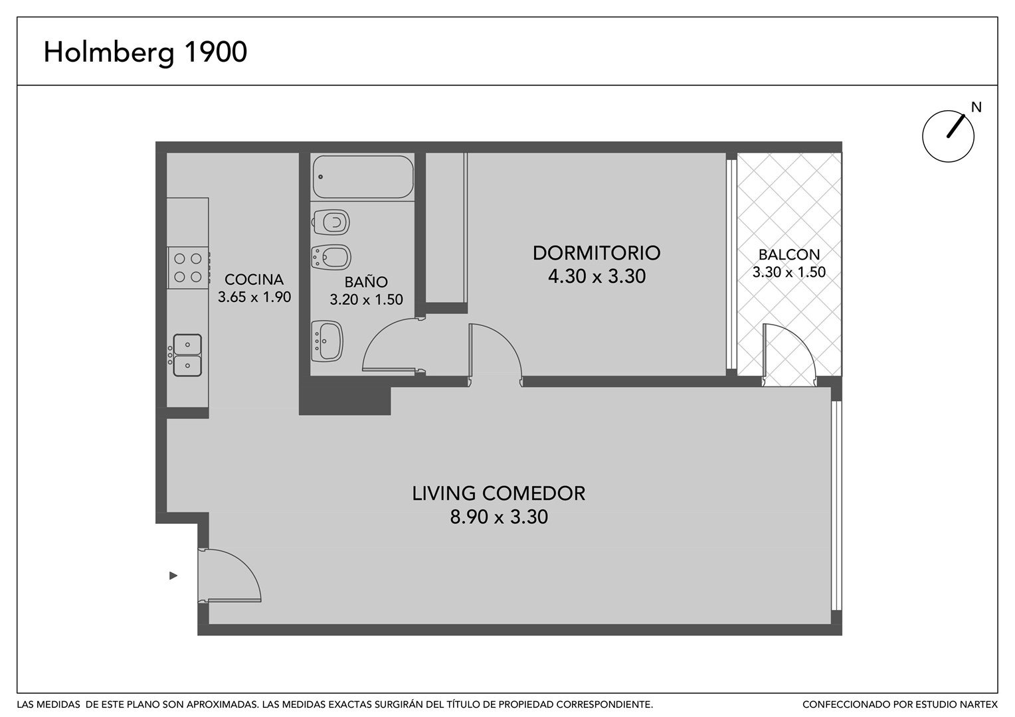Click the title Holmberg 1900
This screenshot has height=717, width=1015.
click(x=145, y=52)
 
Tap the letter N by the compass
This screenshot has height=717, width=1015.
click(x=976, y=108)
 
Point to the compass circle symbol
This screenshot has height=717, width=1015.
click(x=948, y=136)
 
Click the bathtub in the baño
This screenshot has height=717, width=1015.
click(x=363, y=177)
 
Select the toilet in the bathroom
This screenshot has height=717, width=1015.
click(x=331, y=222)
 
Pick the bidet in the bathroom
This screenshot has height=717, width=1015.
click(x=331, y=258)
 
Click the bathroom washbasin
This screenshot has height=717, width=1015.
click(x=327, y=341)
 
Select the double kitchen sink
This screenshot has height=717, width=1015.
click(x=186, y=355)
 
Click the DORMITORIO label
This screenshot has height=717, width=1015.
click(x=597, y=253)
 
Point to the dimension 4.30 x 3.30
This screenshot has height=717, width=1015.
click(x=597, y=276)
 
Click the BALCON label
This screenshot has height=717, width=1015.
click(x=789, y=254)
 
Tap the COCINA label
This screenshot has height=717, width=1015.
click(x=254, y=279)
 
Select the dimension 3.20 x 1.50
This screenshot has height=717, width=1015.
click(x=366, y=300)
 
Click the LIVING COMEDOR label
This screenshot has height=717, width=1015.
click(x=498, y=493)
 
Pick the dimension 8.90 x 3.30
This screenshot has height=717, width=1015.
click(x=498, y=517)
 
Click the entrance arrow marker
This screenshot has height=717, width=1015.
click(x=173, y=576)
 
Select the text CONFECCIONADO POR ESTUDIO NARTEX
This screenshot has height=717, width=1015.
click(x=900, y=705)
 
